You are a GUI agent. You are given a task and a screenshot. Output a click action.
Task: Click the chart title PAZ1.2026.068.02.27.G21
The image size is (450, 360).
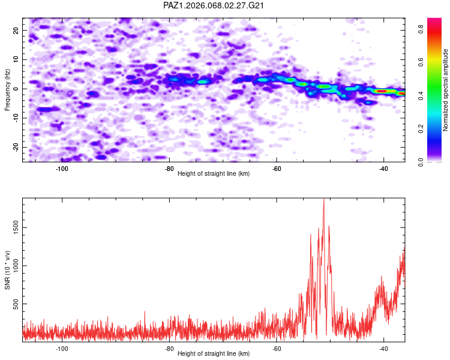[214, 5]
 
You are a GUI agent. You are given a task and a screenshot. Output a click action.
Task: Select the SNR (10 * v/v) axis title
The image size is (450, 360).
[8, 270]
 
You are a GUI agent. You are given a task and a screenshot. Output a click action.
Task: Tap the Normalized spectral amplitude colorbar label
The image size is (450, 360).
[446, 90]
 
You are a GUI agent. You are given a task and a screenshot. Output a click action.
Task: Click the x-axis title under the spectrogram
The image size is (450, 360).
[214, 173]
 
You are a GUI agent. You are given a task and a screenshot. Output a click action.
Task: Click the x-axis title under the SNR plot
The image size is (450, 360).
[214, 353]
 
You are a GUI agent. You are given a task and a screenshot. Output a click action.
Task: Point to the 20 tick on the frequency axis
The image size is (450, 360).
[16, 30]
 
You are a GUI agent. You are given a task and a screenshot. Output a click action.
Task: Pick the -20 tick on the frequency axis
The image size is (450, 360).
[15, 148]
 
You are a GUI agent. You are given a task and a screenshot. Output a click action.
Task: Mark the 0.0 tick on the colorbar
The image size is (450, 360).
[422, 161]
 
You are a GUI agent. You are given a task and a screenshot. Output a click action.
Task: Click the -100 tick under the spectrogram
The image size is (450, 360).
[61, 168]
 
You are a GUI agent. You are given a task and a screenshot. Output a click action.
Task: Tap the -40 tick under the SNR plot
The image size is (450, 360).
[383, 348]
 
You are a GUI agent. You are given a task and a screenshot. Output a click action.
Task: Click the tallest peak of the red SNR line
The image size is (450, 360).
[324, 200]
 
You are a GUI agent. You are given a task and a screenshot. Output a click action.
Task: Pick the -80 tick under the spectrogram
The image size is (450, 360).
[169, 168]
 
